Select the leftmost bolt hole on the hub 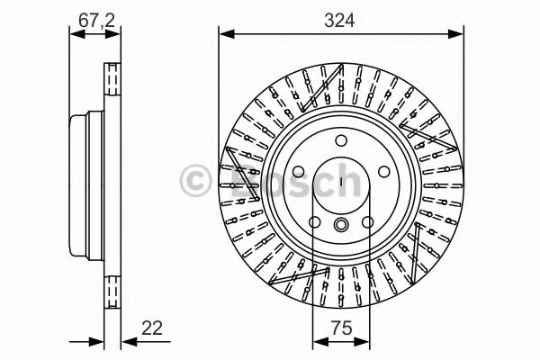pyautogui.click(x=300, y=171)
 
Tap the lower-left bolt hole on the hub pyautogui.click(x=315, y=222)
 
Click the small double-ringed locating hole pyautogui.click(x=343, y=226)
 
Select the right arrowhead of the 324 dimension pyautogui.click(x=460, y=35)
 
